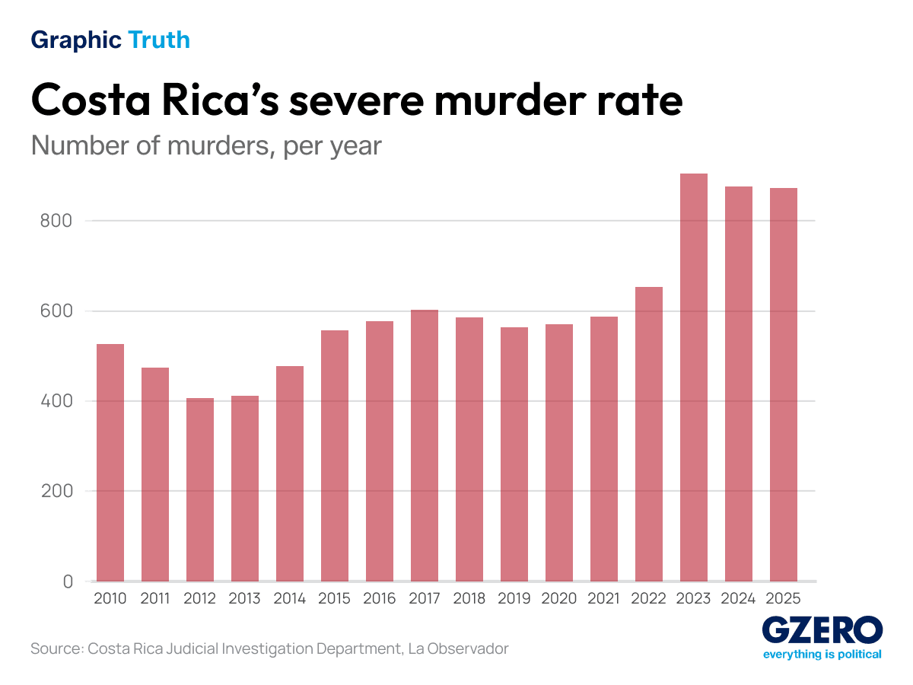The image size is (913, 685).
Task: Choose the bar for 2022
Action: click(648, 434)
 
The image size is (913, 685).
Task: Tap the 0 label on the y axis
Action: click(68, 581)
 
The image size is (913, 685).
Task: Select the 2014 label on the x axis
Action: click(290, 599)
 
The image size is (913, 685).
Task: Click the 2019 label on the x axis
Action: click(514, 599)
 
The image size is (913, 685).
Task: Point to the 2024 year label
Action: click(738, 599)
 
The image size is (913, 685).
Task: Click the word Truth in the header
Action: click(159, 40)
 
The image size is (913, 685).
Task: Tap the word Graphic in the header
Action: click(76, 40)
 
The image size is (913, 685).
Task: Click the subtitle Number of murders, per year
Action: click(206, 145)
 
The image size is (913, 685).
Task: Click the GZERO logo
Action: click(822, 630)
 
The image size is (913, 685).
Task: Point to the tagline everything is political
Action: click(822, 655)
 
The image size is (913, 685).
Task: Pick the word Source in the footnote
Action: click(55, 649)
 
